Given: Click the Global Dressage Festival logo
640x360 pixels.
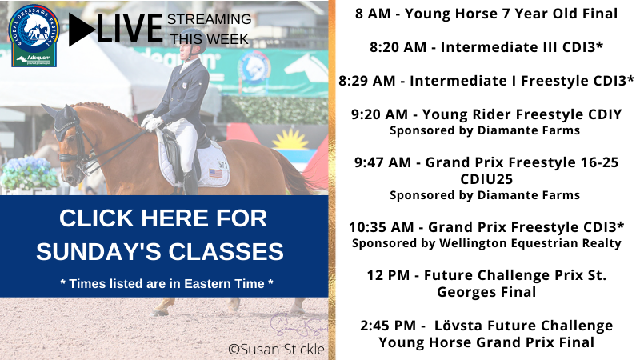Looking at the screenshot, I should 34,34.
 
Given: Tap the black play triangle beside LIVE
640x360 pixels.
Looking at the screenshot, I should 82,30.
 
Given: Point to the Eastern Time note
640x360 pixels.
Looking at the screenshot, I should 166,284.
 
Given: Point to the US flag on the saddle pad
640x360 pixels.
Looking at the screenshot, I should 214,173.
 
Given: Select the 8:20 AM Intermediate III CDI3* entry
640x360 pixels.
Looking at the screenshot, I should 486,47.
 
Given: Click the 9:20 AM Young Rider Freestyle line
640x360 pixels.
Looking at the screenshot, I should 486,114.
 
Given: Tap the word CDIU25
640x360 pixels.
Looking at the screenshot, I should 486,178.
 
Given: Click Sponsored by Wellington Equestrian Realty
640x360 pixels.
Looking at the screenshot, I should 486,243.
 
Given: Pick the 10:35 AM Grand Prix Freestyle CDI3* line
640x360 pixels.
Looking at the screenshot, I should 486,229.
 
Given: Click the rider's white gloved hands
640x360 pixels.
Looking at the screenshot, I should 152,122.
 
